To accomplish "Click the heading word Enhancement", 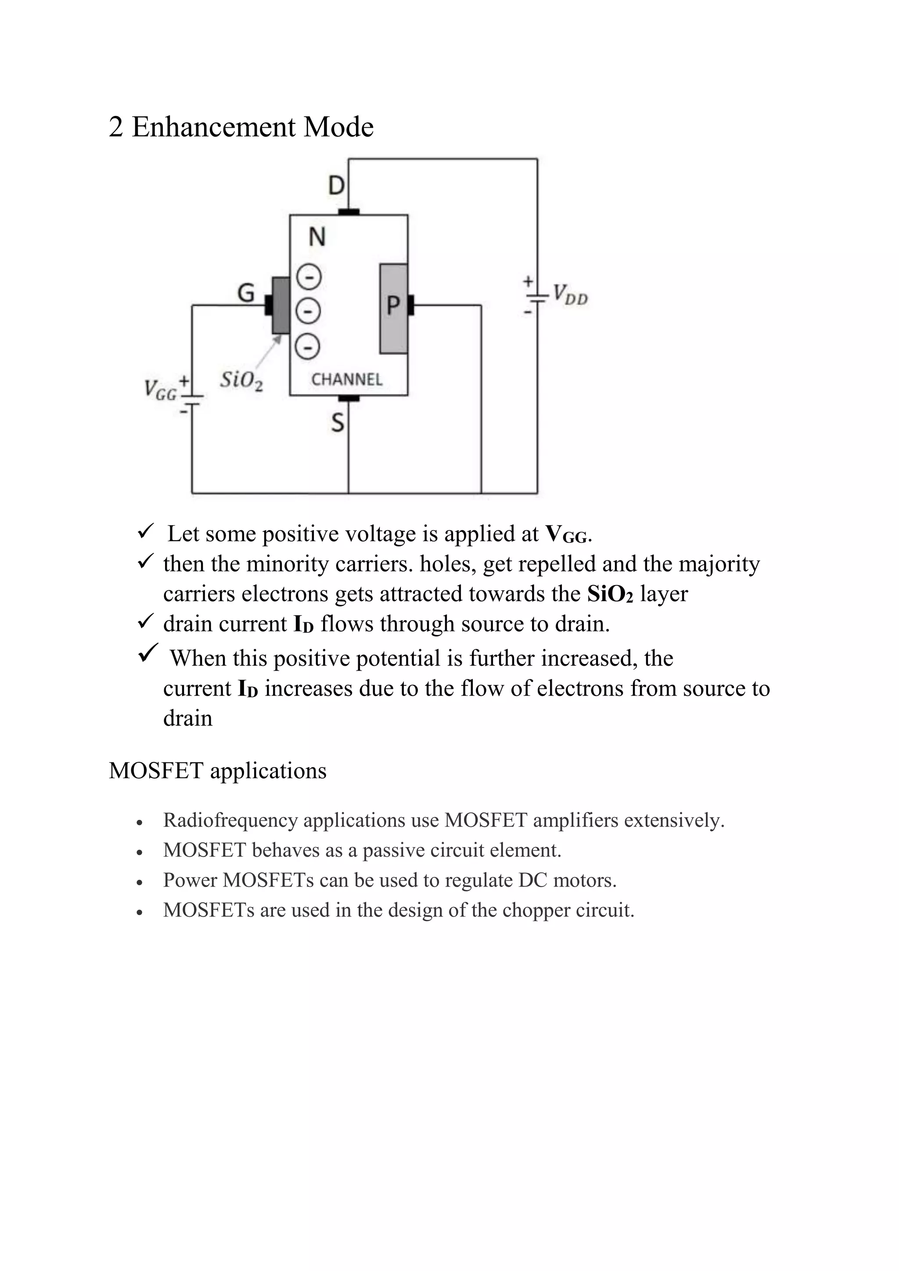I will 214,127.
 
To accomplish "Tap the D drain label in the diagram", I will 336,186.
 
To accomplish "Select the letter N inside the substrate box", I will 316,237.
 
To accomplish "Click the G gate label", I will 246,292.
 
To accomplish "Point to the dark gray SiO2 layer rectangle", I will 280,305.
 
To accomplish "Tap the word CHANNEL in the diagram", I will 346,379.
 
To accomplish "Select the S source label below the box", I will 337,423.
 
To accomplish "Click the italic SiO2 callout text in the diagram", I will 241,381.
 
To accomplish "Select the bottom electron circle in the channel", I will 307,347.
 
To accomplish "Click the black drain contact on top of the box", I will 349,212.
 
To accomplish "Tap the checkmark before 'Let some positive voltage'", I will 146,531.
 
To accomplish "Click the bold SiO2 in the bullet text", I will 609,594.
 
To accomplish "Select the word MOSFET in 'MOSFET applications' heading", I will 155,771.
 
